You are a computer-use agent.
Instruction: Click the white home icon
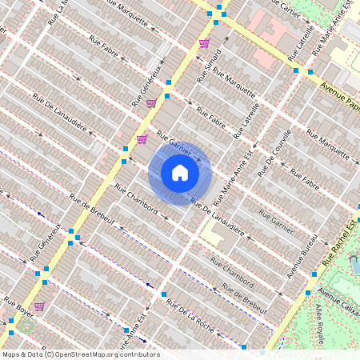point(180,172)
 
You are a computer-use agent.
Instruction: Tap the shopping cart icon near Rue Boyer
point(38,306)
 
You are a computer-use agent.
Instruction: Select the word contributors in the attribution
point(138,354)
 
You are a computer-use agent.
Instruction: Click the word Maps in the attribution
point(12,354)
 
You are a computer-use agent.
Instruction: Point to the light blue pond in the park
point(354,264)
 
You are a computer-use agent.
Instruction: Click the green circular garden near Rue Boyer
point(26,326)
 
